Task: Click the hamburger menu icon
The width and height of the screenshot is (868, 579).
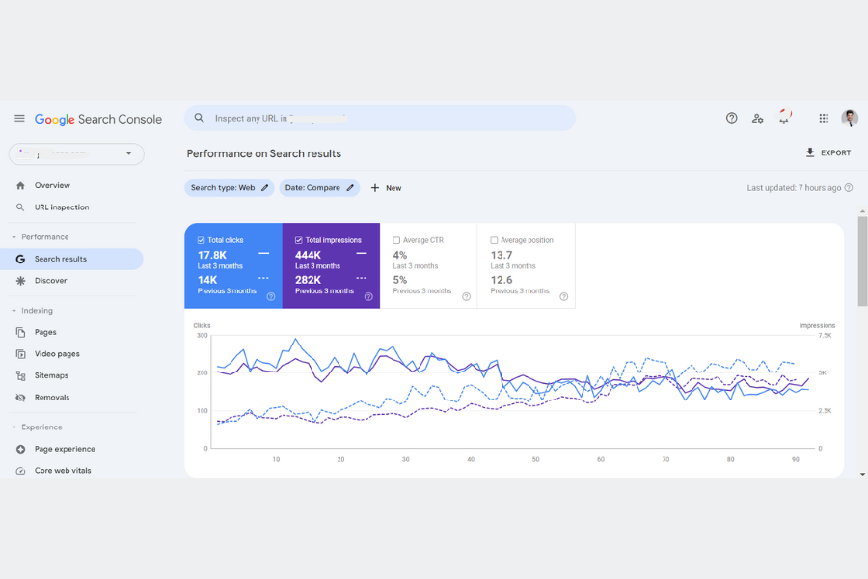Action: click(x=19, y=118)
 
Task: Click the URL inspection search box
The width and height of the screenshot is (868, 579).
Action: click(x=380, y=118)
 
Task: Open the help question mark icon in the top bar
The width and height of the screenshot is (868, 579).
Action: click(x=731, y=118)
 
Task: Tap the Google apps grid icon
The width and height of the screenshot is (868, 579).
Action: click(x=824, y=118)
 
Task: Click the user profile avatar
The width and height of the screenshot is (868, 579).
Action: click(x=850, y=118)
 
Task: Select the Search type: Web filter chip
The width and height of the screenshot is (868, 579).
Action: click(x=229, y=188)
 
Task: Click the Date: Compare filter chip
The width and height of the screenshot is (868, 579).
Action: click(x=319, y=188)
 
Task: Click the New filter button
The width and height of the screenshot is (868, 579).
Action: click(x=386, y=188)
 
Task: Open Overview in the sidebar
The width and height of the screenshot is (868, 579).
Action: click(x=52, y=185)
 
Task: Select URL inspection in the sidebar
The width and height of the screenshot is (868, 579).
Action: click(x=61, y=207)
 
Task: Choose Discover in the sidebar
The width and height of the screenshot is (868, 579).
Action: click(x=50, y=281)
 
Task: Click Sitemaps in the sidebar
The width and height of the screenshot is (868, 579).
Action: click(x=51, y=375)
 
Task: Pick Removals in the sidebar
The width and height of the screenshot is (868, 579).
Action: click(x=51, y=398)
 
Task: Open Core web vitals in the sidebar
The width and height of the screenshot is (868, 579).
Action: click(x=63, y=471)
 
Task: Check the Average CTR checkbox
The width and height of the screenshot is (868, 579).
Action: click(x=396, y=240)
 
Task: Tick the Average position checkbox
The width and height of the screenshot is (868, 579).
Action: click(x=494, y=240)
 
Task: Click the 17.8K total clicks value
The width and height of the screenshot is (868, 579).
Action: click(x=212, y=255)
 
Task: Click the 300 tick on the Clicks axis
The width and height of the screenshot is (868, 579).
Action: click(x=202, y=335)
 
